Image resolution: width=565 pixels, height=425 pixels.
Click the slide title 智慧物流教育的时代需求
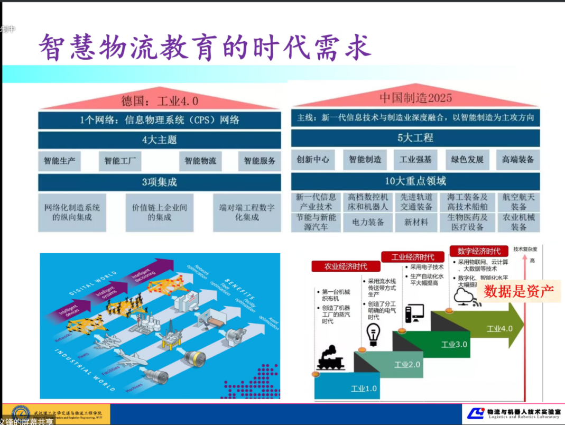[x=205, y=48]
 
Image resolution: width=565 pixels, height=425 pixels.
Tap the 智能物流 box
[x=200, y=161]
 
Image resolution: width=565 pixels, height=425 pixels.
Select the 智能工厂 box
[x=120, y=161]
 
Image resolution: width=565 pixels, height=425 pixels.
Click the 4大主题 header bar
[x=159, y=140]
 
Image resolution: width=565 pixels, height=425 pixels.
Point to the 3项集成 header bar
[x=159, y=182]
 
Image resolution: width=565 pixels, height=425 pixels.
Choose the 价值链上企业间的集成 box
[x=159, y=212]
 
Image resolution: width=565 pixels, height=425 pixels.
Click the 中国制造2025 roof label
[x=415, y=98]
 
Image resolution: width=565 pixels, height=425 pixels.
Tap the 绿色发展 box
[x=467, y=159]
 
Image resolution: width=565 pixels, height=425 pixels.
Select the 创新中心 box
[x=313, y=159]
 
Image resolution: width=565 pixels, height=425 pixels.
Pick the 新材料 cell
[x=416, y=223]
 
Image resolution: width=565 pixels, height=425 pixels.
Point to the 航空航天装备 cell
[x=518, y=202]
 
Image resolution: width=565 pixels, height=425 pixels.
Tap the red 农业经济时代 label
[x=346, y=266]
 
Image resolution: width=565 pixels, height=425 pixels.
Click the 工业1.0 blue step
[x=364, y=389]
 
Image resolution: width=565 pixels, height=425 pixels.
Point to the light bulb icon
[x=374, y=333]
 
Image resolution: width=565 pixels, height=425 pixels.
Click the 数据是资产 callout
[x=518, y=291]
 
